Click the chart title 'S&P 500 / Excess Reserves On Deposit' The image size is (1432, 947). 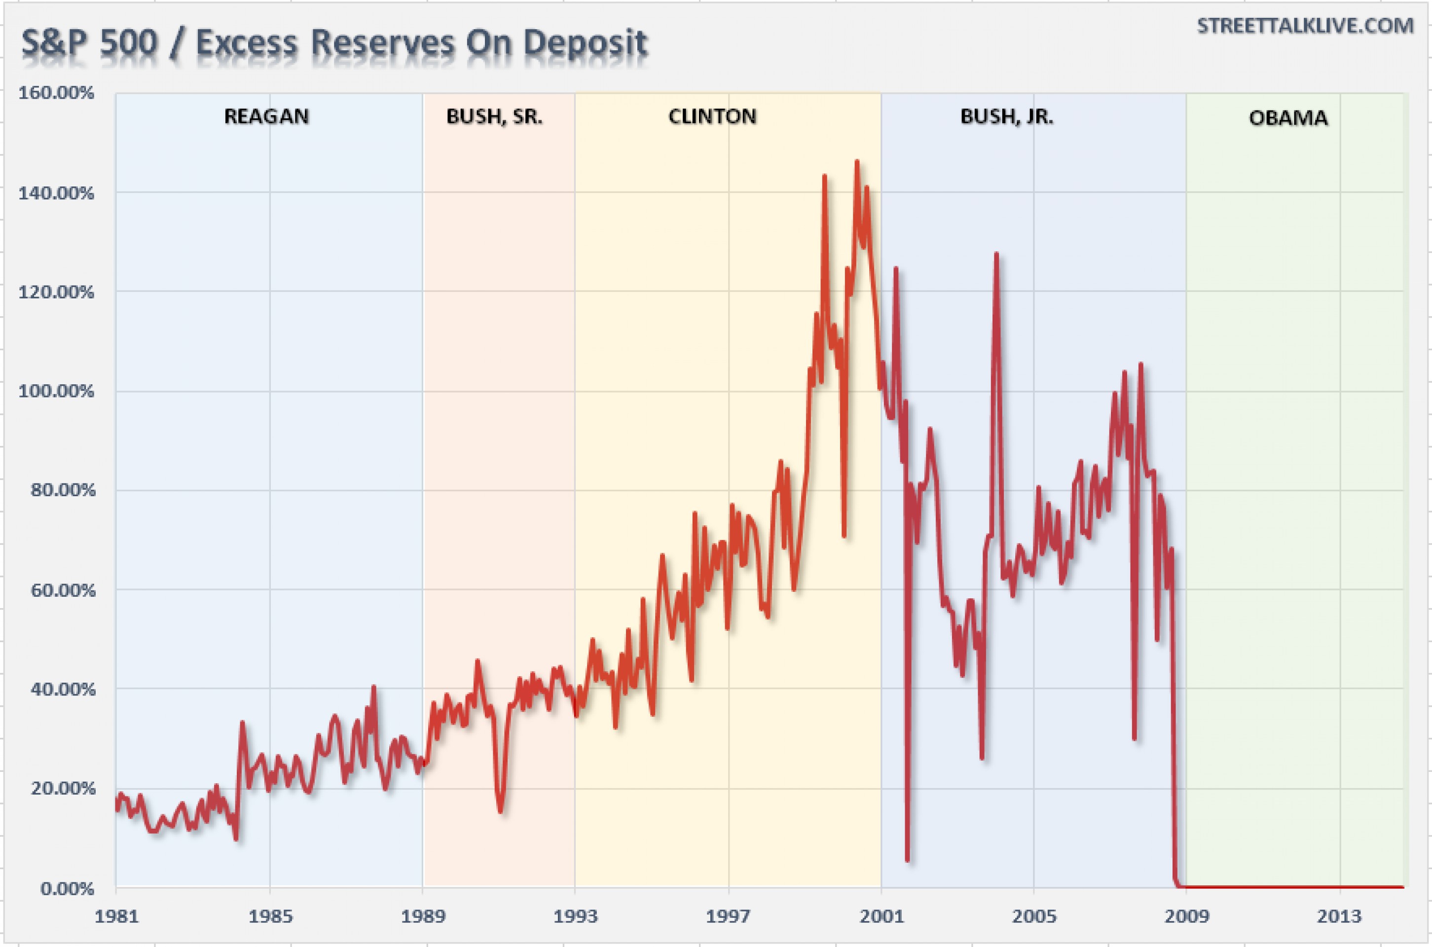334,43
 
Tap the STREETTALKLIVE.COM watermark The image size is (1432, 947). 1305,26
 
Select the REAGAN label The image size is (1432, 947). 266,116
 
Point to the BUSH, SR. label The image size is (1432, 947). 494,116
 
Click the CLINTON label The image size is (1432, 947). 712,116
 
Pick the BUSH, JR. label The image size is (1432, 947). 1006,116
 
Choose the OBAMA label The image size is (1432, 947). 1288,118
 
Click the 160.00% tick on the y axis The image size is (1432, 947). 56,93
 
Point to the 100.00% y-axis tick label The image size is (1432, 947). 56,391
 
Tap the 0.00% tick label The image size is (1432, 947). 67,888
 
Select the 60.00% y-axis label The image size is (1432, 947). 62,589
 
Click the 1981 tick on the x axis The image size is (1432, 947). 116,916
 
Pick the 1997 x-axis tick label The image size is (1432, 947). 729,916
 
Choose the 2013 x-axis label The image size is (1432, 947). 1340,916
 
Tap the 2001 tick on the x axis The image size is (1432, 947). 882,916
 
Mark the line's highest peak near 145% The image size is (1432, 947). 856,162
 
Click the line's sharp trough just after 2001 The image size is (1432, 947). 907,858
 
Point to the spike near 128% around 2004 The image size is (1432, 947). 996,255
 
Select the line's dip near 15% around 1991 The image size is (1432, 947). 501,810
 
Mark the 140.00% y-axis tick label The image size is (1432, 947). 56,193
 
